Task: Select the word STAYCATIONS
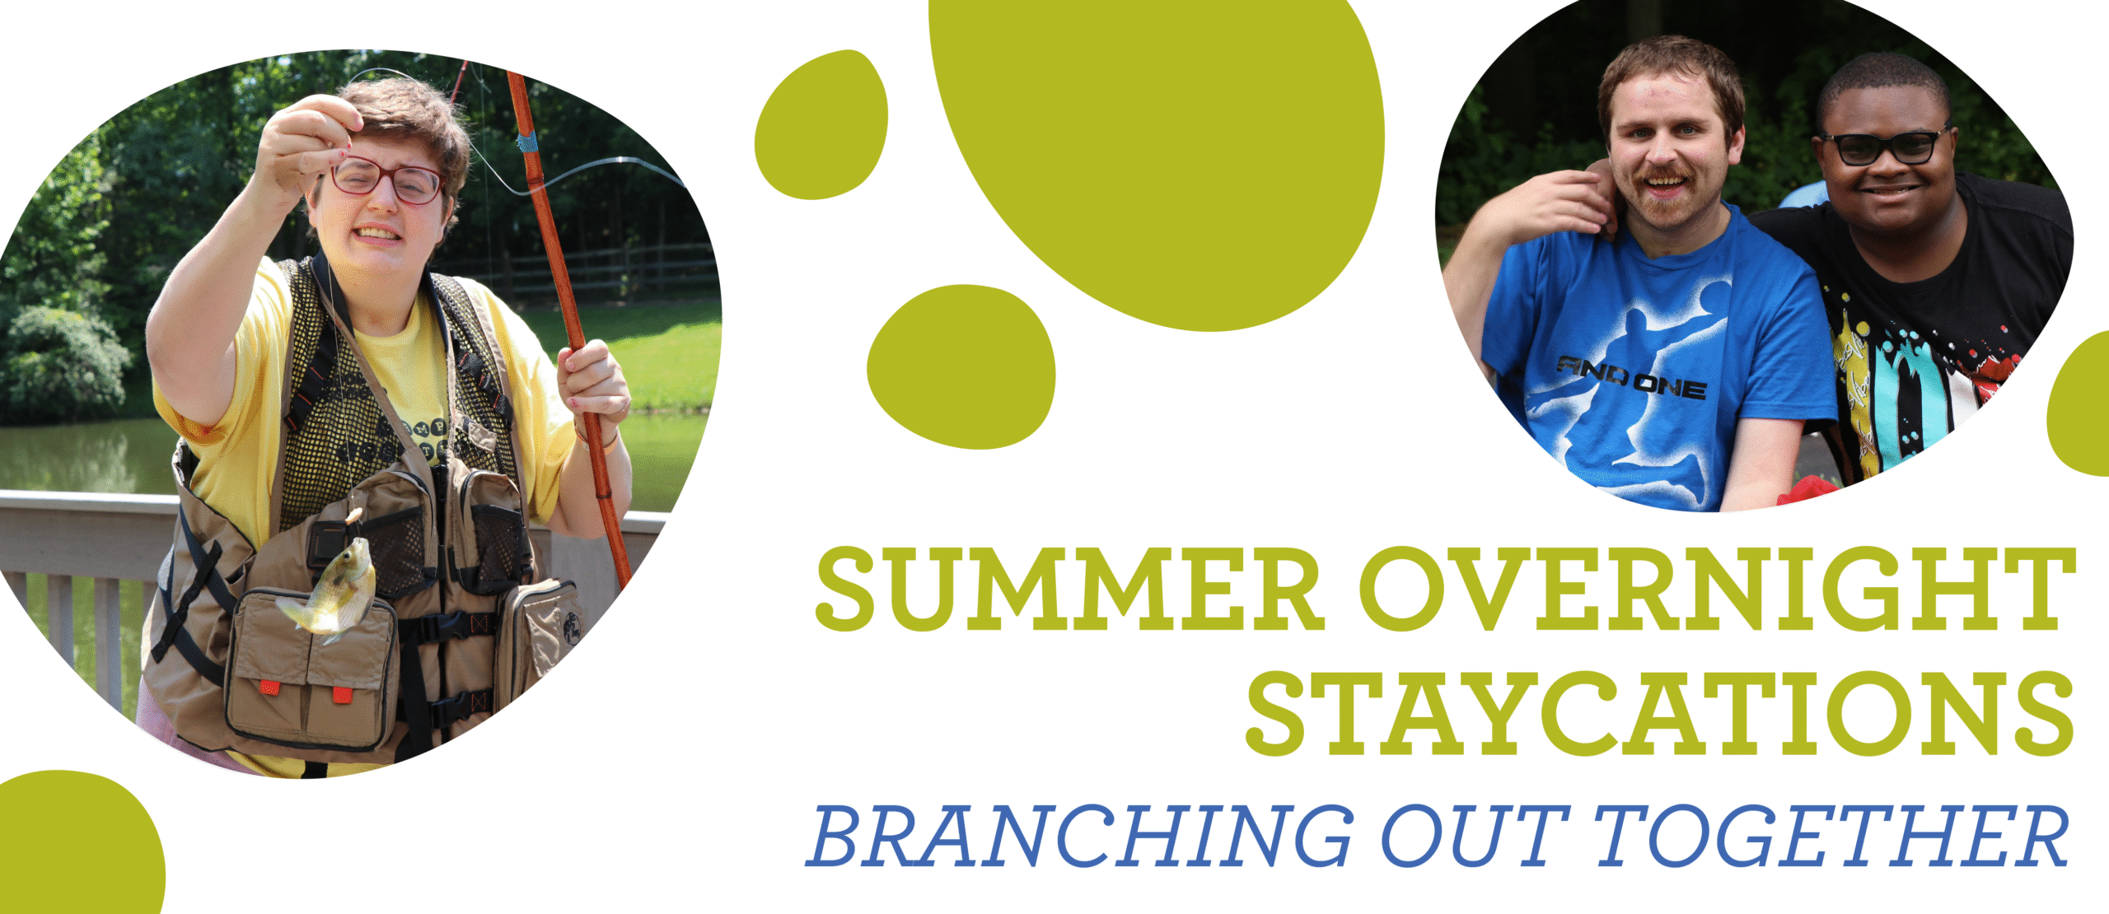pos(1660,713)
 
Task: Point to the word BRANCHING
pos(1078,837)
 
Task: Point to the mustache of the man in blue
pos(1667,175)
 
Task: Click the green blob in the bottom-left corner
pos(78,843)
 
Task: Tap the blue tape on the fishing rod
pos(527,141)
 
